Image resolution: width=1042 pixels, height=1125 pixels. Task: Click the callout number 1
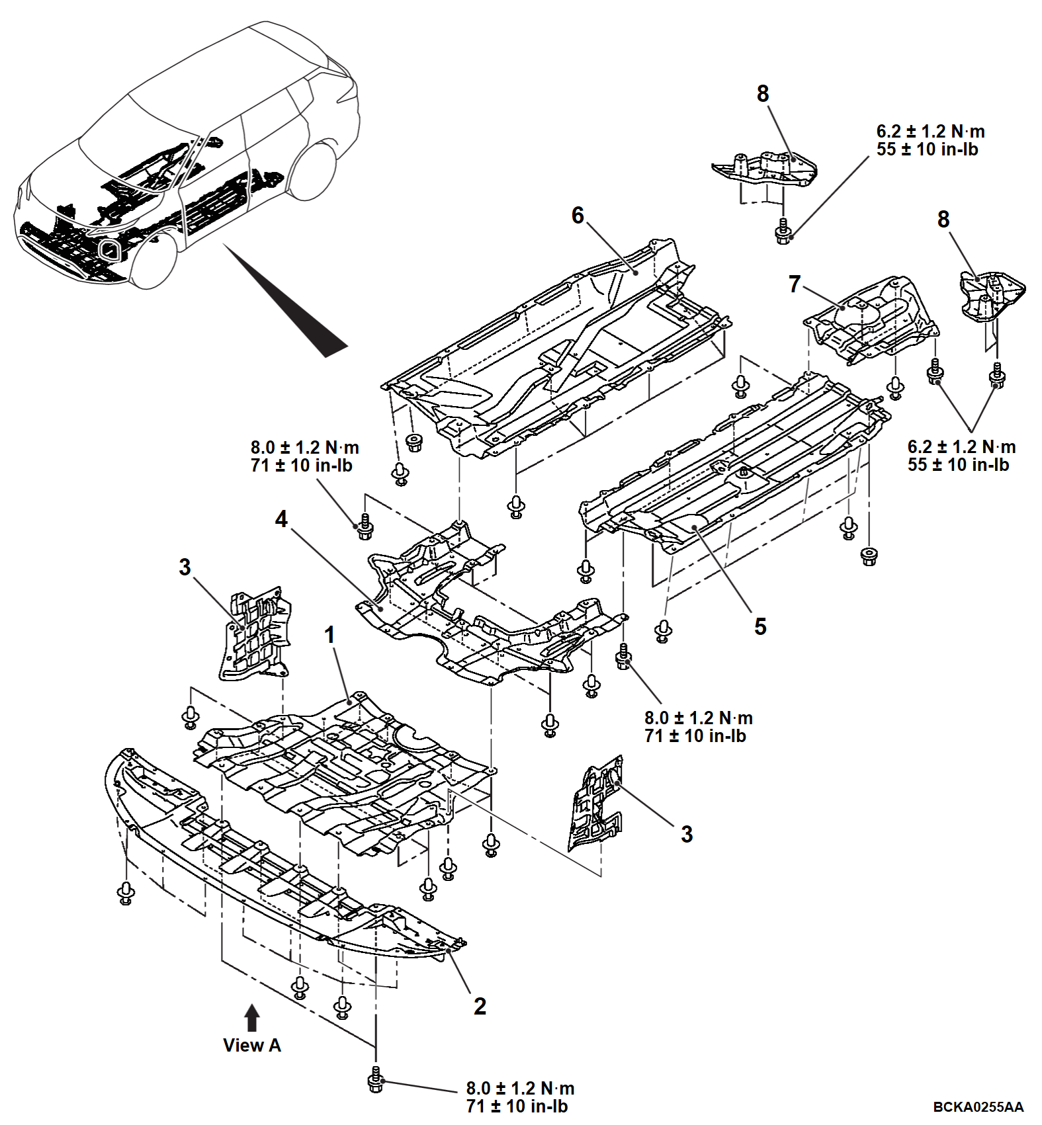pyautogui.click(x=329, y=635)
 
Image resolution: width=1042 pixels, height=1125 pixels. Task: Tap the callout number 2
pyautogui.click(x=480, y=1006)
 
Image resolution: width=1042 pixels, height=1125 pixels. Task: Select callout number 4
pyautogui.click(x=282, y=519)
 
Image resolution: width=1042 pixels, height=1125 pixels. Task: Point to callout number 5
pyautogui.click(x=760, y=626)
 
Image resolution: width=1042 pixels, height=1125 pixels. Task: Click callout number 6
pyautogui.click(x=578, y=215)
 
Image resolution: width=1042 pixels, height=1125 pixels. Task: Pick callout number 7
pyautogui.click(x=795, y=284)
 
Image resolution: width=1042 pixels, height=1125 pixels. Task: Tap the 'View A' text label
pyautogui.click(x=252, y=1045)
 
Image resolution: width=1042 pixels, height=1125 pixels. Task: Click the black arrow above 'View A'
pyautogui.click(x=252, y=1018)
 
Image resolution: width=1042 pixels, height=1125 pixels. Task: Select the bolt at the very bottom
pyautogui.click(x=376, y=1080)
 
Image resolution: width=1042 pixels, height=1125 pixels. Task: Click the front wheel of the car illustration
pyautogui.click(x=155, y=260)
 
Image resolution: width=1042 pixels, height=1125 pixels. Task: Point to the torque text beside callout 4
pyautogui.click(x=304, y=456)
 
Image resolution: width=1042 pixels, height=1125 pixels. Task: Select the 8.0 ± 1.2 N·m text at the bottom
pyautogui.click(x=520, y=1088)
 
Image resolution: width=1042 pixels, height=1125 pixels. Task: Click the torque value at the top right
pyautogui.click(x=930, y=140)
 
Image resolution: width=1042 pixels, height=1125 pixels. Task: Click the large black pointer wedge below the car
pyautogui.click(x=286, y=301)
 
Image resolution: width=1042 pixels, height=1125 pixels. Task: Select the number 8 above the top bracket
pyautogui.click(x=763, y=94)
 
